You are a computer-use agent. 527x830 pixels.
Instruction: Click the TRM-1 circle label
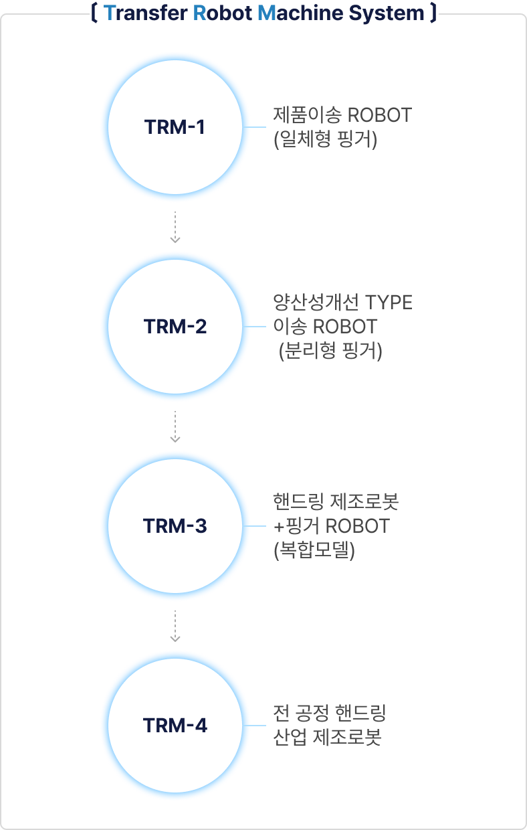pos(175,127)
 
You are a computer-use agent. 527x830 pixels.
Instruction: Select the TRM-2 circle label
pos(175,327)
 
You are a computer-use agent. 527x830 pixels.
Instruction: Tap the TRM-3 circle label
pos(175,526)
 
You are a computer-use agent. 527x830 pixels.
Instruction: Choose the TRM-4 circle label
pos(175,726)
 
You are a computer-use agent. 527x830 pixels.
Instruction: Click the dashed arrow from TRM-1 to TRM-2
pos(175,228)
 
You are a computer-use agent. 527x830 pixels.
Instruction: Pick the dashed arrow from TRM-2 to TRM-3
pos(175,427)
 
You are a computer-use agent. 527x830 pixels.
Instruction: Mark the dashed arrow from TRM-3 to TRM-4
pos(175,627)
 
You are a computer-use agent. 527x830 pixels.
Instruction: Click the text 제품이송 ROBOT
pos(343,115)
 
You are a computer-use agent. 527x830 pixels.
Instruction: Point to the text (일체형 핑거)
pos(326,141)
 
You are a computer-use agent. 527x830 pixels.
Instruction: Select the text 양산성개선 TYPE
pos(343,303)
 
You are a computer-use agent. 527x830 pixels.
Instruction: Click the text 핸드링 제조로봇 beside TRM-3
pos(336,501)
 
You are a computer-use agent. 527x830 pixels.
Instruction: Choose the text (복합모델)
pos(314,552)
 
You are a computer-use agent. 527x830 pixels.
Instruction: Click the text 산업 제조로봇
pos(328,738)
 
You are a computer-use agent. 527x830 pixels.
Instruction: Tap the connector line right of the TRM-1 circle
pos(255,127)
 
